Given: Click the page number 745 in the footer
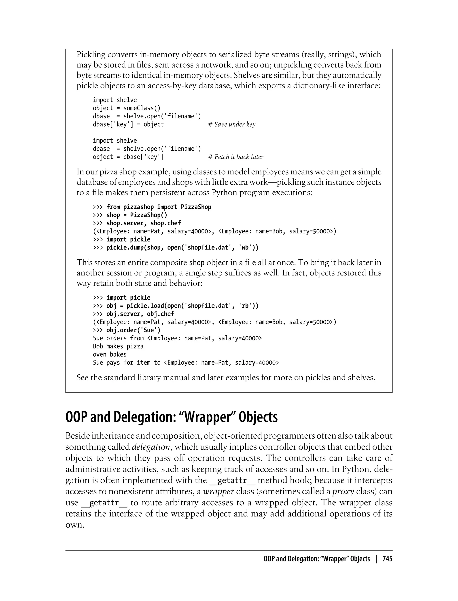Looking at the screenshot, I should (387, 559).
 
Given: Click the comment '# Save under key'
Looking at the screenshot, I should (232, 125).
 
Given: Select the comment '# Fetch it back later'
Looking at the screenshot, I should (236, 157).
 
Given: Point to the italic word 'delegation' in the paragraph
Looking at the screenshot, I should (151, 447).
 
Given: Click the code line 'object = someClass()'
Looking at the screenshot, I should (127, 108).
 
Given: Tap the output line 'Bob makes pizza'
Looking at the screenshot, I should (118, 346).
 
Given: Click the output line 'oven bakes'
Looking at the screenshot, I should (110, 355).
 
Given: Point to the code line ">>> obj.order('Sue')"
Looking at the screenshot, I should (127, 330).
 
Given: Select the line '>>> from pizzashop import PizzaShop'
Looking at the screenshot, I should (152, 207).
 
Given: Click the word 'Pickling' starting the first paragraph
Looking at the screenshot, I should (91, 55).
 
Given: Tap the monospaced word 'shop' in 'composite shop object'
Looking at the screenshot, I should (197, 263).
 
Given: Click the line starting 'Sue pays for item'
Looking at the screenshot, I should (186, 363).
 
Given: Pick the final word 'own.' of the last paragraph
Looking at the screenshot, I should (75, 525).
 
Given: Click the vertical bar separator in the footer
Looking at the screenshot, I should (376, 559).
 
